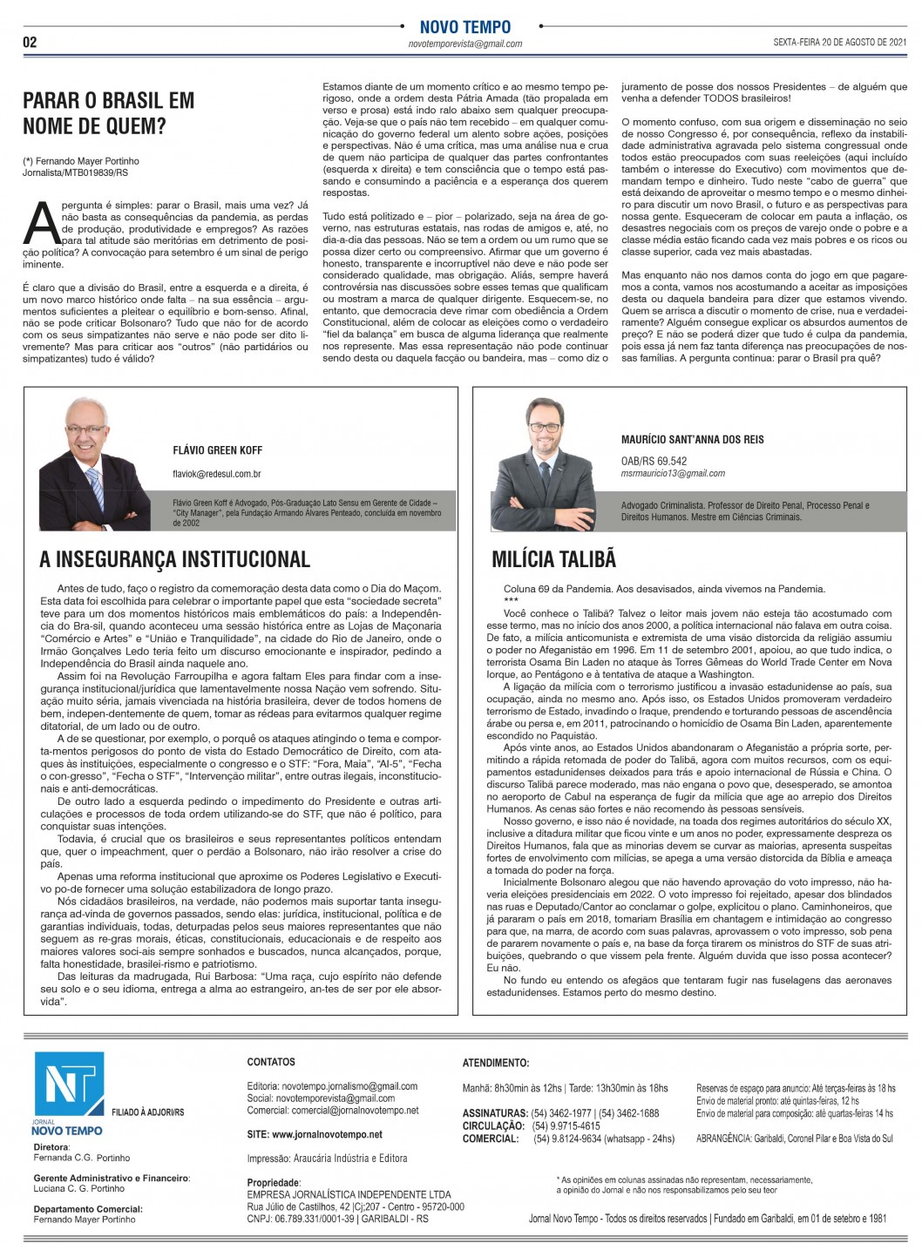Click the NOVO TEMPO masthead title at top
click(x=464, y=27)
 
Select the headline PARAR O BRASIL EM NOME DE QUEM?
click(x=108, y=113)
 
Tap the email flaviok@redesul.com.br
click(x=216, y=474)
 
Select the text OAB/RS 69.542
click(x=654, y=462)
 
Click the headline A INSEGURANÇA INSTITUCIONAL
click(x=174, y=559)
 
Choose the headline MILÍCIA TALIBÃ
click(x=553, y=559)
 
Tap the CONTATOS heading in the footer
click(x=271, y=1062)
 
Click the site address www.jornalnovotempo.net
click(x=315, y=1135)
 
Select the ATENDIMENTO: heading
click(x=495, y=1063)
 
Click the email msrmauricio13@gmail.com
click(x=673, y=474)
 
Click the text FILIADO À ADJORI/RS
click(x=147, y=1112)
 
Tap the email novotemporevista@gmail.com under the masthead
click(x=465, y=44)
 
